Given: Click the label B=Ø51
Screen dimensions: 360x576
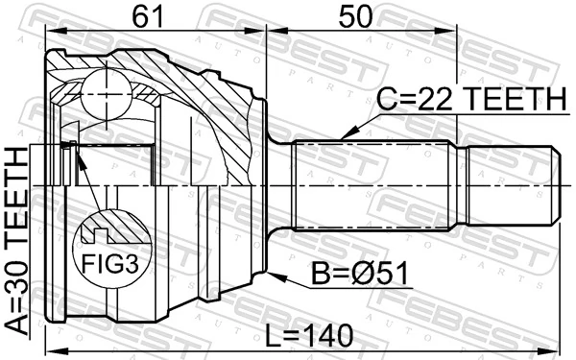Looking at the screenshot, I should click(x=360, y=276).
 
